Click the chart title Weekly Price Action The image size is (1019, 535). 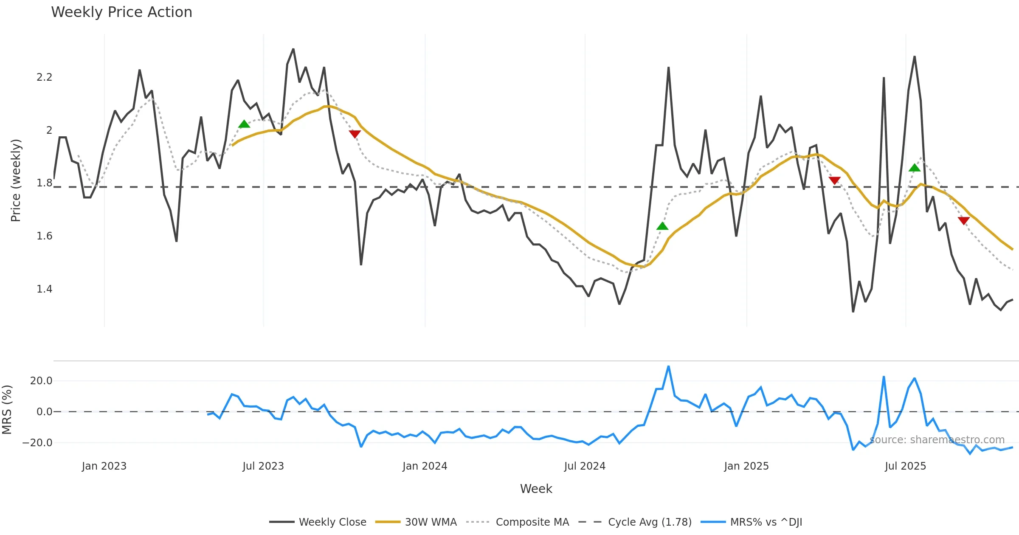[x=121, y=12]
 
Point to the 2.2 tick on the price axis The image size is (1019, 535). [x=44, y=77]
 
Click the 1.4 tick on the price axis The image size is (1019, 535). [x=44, y=289]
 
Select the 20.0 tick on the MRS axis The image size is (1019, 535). [x=41, y=381]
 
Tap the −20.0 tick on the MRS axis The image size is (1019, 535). [x=37, y=443]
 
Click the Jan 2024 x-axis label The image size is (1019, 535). [x=425, y=466]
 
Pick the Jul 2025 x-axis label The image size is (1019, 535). [x=905, y=466]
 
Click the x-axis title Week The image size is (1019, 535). [x=536, y=489]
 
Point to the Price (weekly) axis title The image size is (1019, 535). [x=16, y=180]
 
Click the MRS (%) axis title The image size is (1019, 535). [x=7, y=410]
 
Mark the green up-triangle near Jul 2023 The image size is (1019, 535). [x=244, y=124]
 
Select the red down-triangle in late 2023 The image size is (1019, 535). [x=355, y=134]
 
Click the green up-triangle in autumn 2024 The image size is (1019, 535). [x=662, y=226]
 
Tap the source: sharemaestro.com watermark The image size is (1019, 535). [x=937, y=440]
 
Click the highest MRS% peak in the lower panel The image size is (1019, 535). [x=668, y=366]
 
